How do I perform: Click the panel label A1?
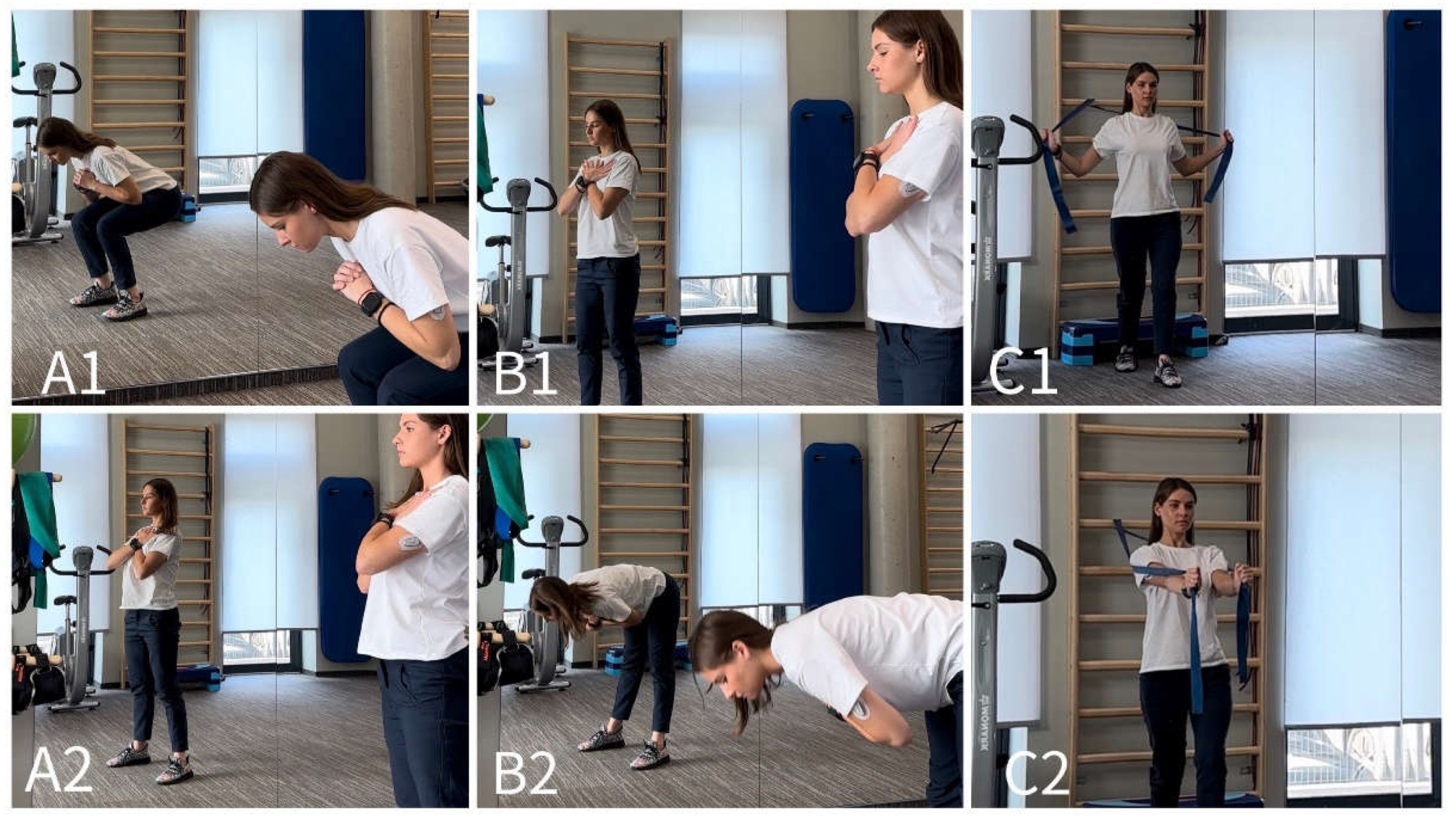[73, 374]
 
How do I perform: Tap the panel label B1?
[525, 374]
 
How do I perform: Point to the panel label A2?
[59, 774]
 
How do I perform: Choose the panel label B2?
[526, 774]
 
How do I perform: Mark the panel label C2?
[1036, 774]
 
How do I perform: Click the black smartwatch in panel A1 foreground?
[371, 304]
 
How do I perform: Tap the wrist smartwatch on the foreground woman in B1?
[866, 162]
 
